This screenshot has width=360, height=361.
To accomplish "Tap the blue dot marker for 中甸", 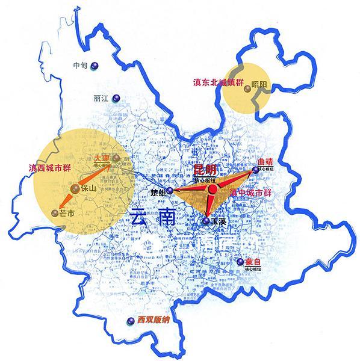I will point(95,66).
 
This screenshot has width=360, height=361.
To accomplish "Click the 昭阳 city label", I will point(260,84).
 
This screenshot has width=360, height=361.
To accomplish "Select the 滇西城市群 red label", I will point(49,168).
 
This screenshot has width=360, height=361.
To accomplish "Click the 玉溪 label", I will point(217,221).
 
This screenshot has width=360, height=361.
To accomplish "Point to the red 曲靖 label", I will point(265,161).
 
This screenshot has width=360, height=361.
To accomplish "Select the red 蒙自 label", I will point(253,262).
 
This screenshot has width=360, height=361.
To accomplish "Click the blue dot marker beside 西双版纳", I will point(128,321).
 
